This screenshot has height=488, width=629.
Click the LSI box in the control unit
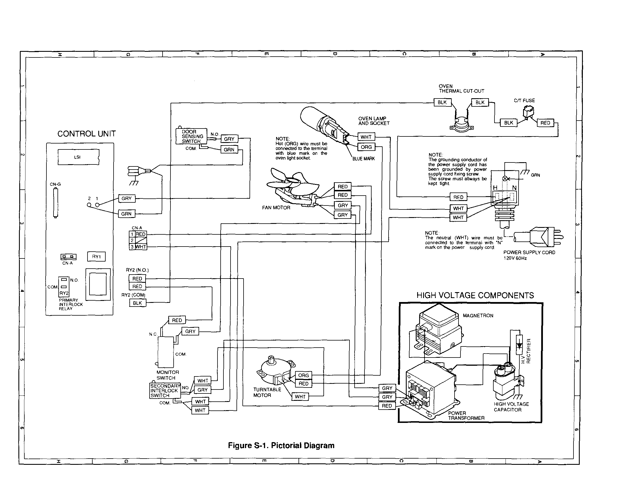78,157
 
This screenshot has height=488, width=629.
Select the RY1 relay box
96,256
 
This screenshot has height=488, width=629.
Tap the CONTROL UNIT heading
86,134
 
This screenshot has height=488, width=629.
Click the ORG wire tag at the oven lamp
366,147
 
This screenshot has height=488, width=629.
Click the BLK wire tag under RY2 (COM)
137,303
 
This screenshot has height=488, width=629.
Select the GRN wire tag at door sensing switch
229,150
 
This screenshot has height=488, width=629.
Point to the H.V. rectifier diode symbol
519,345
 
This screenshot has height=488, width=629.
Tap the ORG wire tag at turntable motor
303,375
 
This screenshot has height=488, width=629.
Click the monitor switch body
166,351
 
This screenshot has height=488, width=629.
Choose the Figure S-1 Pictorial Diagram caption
281,445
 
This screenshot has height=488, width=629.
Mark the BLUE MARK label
363,159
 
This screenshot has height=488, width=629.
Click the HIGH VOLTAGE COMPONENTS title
475,296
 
